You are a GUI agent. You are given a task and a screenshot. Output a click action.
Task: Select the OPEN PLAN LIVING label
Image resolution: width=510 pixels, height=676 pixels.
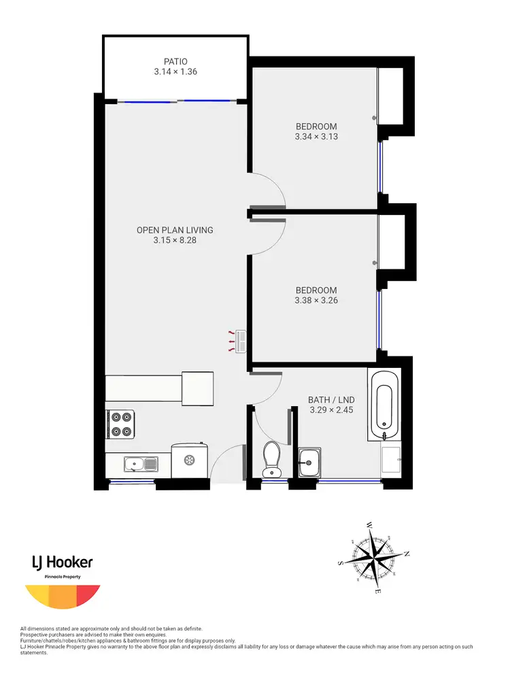pos(174,230)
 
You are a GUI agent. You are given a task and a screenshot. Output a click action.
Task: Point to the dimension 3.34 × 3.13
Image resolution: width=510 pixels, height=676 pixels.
pos(316,136)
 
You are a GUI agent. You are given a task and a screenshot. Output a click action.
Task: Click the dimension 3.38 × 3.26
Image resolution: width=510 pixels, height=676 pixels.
pos(316,300)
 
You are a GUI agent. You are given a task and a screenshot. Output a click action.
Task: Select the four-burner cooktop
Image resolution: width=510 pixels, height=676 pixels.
pos(122,424)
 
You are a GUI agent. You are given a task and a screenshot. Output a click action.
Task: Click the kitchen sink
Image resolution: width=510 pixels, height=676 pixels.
pos(140,464)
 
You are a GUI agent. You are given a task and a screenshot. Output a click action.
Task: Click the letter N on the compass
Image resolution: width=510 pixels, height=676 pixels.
pos(407,554)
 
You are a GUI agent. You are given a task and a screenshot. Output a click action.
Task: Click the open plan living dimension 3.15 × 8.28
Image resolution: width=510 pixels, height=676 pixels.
pos(174,240)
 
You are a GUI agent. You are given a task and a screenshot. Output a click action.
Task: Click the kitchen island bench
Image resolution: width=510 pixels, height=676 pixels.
pos(160,388)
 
